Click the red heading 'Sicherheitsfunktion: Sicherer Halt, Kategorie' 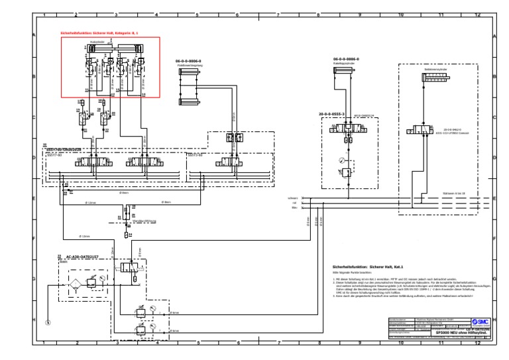coord(90,32)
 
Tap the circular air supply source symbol coord(48,323)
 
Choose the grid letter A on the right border coord(495,37)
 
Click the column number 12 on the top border coord(477,14)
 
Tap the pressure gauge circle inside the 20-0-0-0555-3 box coord(341,159)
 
